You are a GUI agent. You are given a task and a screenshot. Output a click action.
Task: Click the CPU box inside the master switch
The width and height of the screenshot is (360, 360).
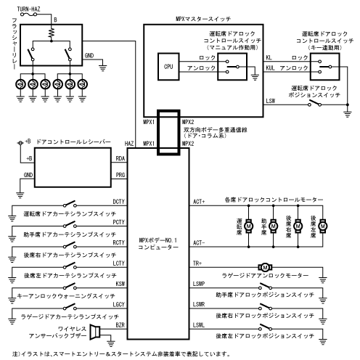coord(168,67)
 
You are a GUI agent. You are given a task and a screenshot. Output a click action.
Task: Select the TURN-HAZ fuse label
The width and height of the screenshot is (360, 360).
coord(28,9)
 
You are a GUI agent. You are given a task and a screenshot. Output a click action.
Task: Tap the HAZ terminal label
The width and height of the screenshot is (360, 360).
coord(129,144)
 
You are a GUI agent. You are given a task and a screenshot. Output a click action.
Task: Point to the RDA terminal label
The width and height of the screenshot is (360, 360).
coord(120,158)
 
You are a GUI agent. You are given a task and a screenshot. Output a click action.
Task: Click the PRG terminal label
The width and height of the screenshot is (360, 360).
coord(120,175)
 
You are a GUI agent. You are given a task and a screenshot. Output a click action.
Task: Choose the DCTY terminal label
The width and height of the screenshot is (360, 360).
coord(118,202)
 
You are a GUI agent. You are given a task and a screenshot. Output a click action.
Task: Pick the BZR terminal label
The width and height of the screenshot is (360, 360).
coord(120,325)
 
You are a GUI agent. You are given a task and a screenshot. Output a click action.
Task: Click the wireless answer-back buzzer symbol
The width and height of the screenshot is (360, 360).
coord(95,332)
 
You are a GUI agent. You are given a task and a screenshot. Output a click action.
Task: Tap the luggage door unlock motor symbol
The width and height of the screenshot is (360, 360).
coord(265,267)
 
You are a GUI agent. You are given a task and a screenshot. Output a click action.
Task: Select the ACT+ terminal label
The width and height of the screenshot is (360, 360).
coord(199,202)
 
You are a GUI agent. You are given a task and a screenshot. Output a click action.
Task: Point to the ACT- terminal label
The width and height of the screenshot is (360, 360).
coord(199,242)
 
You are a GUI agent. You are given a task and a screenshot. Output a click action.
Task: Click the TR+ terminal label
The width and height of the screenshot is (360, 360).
coord(197,263)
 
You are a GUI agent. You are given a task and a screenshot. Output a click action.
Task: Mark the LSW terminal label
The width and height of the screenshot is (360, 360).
coord(271,101)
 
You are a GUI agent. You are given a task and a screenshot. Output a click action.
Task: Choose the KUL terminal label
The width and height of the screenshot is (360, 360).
coord(271,68)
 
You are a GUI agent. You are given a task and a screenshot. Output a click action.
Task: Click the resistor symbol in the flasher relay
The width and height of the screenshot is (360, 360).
coord(51,34)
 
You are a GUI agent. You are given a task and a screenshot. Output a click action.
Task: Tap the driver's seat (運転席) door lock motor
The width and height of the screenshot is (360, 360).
coord(249,226)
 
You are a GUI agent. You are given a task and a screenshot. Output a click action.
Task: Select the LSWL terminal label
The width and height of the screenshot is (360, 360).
coord(199,325)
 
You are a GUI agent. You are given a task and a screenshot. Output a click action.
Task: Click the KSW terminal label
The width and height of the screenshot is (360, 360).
coord(120,284)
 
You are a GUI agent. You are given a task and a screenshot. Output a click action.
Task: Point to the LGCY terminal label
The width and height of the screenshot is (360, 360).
coord(118,304)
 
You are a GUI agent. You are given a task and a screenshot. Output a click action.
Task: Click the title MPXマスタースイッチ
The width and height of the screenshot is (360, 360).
coord(203,19)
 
